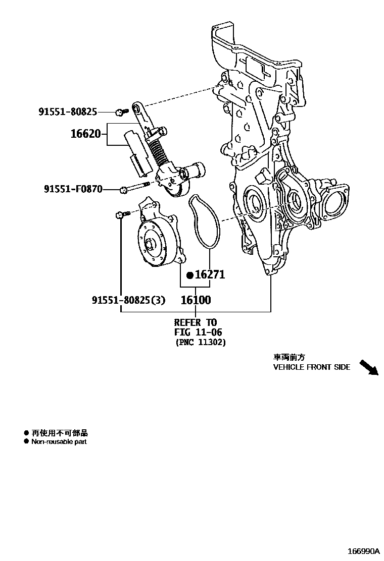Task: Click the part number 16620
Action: point(85,135)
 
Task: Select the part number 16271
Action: point(210,275)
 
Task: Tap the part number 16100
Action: point(196,300)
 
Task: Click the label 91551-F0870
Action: point(73,189)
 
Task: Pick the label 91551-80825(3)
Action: point(128,300)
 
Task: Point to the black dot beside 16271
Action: point(190,275)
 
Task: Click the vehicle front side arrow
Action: point(368,367)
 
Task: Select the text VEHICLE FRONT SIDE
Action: point(311,367)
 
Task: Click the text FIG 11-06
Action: point(198,332)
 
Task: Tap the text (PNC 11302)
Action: point(201,343)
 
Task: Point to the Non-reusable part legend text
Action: point(59,442)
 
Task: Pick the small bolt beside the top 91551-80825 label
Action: point(119,111)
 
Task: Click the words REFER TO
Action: point(196,322)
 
